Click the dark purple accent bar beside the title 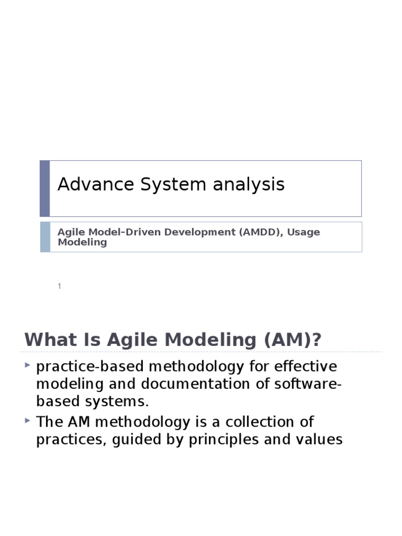[45, 188]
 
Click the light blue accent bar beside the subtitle [45, 237]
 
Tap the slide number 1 [60, 286]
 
